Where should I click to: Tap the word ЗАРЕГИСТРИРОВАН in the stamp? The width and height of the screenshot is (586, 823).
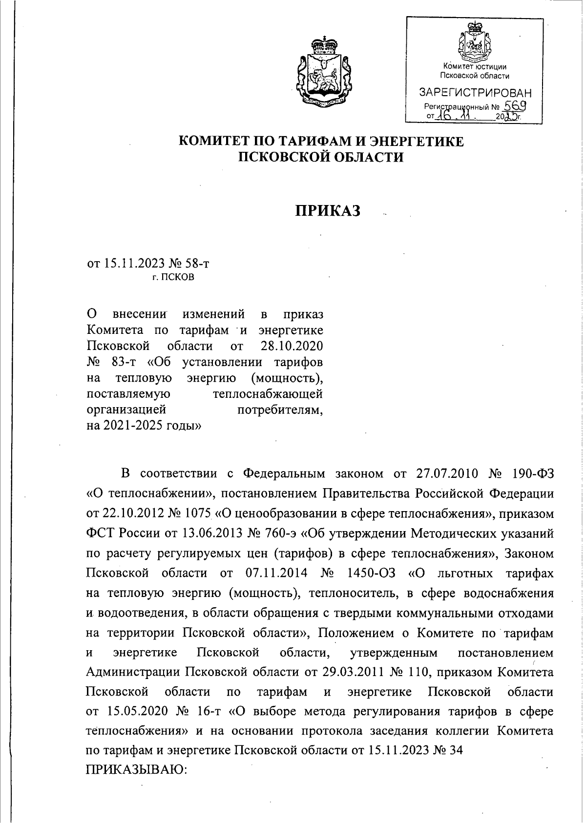click(475, 93)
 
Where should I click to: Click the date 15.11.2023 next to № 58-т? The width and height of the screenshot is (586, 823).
click(135, 264)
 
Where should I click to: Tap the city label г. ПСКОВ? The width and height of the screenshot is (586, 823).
click(172, 278)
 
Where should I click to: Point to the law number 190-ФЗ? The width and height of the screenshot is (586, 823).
click(533, 473)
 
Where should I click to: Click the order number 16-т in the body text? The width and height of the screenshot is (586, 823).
click(209, 712)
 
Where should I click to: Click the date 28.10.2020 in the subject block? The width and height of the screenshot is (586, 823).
click(289, 346)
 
